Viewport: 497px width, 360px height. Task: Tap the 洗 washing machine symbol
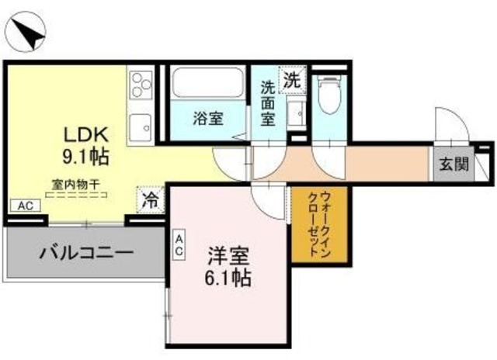pos(290,79)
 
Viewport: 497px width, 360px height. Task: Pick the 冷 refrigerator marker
pos(149,199)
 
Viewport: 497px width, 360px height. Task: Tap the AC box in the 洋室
pos(179,245)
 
